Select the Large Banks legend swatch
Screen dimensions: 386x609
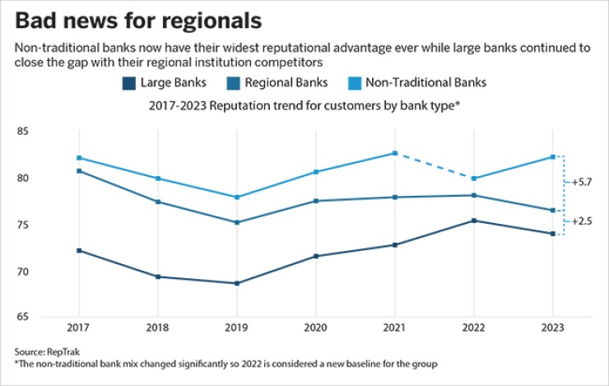pyautogui.click(x=129, y=83)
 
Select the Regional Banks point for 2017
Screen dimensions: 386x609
pyautogui.click(x=79, y=171)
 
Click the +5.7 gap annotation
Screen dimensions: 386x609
pyautogui.click(x=583, y=182)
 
